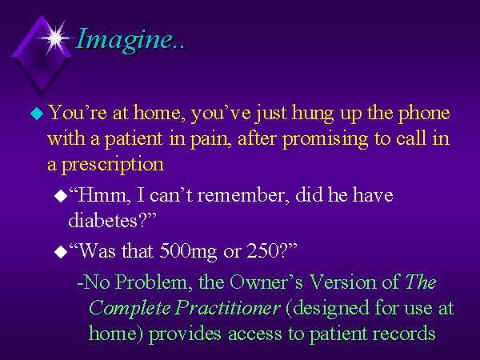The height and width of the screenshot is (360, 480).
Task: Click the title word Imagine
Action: pos(124,40)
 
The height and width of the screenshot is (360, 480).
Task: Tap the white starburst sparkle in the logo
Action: pos(55,38)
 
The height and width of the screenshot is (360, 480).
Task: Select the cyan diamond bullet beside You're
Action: pos(37,114)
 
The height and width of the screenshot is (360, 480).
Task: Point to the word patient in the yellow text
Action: pos(134,139)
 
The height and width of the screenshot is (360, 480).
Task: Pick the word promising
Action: pos(325,139)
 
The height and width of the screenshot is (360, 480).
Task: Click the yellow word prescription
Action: pos(113,165)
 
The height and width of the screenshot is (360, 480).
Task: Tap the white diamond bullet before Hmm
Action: pos(61,196)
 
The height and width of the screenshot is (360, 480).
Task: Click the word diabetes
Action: pos(102,221)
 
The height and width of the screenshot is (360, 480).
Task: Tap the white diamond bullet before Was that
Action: pos(61,252)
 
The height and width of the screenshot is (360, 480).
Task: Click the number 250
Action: pos(262,250)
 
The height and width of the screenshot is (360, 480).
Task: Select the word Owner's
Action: pos(266,282)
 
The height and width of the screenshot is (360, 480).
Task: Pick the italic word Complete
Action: pos(129,309)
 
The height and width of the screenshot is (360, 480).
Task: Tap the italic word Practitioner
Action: pos(228,308)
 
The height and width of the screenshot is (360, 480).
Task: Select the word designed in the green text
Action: pos(330,309)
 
